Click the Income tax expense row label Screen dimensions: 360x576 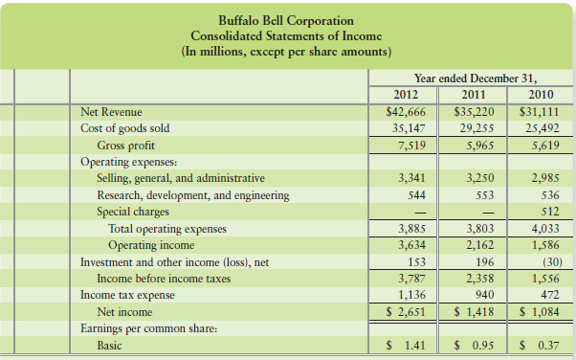(127, 294)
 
